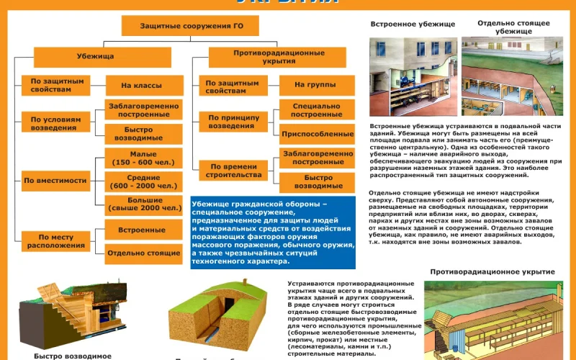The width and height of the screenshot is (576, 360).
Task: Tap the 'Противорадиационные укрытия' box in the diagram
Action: [x=269, y=57]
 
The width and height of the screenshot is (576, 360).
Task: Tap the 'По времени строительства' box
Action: [x=231, y=170]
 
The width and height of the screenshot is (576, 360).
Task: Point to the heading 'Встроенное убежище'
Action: [x=402, y=24]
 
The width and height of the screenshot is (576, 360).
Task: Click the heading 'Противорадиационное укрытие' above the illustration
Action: [x=492, y=271]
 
